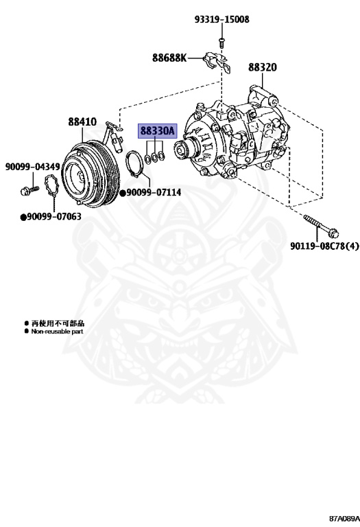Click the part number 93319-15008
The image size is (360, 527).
pyautogui.click(x=221, y=20)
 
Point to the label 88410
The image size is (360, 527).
pyautogui.click(x=82, y=122)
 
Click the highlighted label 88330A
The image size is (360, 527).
pyautogui.click(x=158, y=130)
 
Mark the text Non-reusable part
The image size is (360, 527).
pyautogui.click(x=57, y=331)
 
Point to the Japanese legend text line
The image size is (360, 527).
pyautogui.click(x=58, y=323)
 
